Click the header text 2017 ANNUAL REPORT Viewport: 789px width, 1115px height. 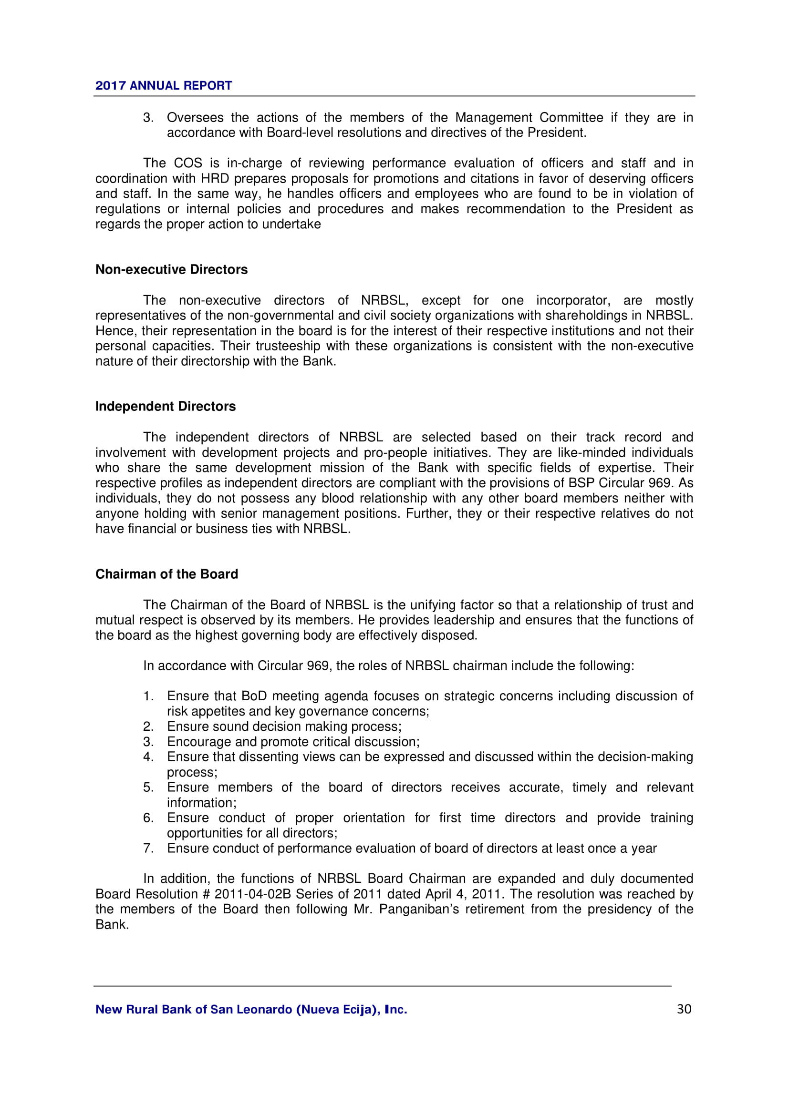(x=164, y=85)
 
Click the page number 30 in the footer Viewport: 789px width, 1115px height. (x=684, y=1010)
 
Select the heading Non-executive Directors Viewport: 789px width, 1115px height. (x=172, y=269)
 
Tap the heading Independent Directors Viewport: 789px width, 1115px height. (x=165, y=407)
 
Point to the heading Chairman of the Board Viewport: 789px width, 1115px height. (x=166, y=574)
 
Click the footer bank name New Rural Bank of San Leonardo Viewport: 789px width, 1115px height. (x=251, y=1010)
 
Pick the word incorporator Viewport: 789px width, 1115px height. (x=573, y=300)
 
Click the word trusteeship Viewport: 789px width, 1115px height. (x=288, y=346)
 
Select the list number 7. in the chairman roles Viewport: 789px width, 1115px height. (x=148, y=849)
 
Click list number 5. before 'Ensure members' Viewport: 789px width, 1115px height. (x=148, y=787)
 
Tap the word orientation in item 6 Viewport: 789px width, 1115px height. (x=374, y=818)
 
